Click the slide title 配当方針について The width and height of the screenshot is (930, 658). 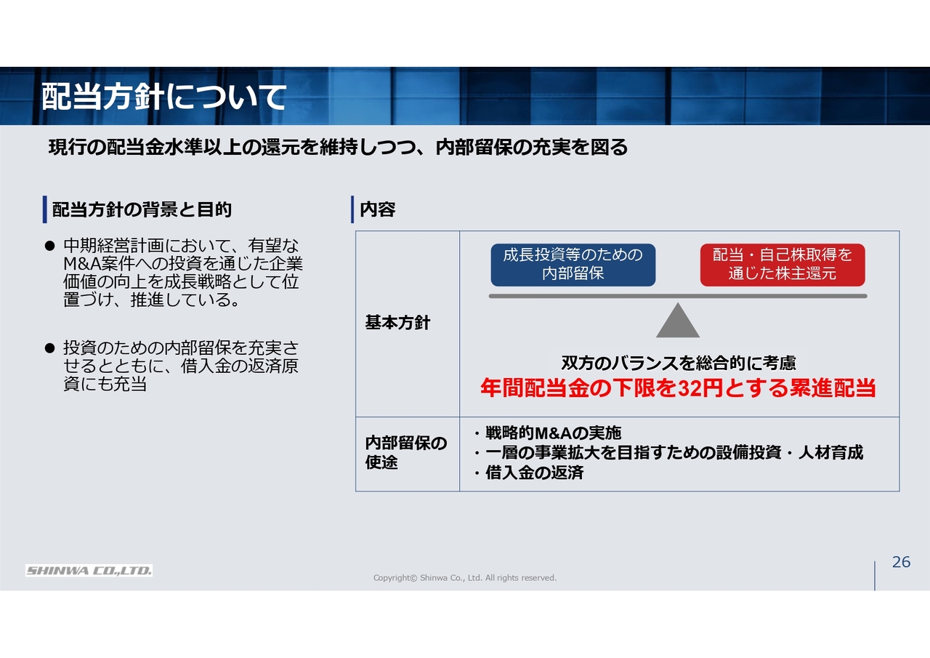pyautogui.click(x=163, y=97)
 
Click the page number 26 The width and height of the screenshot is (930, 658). pyautogui.click(x=901, y=562)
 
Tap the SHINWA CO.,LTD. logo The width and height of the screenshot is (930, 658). pyautogui.click(x=89, y=570)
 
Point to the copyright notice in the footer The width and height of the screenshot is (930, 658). pyautogui.click(x=464, y=577)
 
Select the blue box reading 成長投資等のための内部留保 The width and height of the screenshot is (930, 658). pyautogui.click(x=573, y=265)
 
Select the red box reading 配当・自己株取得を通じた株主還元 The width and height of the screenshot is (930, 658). pyautogui.click(x=783, y=265)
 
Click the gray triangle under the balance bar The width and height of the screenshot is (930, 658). pyautogui.click(x=678, y=320)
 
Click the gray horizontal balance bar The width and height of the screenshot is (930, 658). pyautogui.click(x=678, y=296)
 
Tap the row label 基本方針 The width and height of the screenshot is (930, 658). pyautogui.click(x=397, y=323)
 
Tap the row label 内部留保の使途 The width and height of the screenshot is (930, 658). pyautogui.click(x=406, y=452)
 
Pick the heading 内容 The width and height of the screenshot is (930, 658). pyautogui.click(x=377, y=209)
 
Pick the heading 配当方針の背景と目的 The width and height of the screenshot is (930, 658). pyautogui.click(x=142, y=209)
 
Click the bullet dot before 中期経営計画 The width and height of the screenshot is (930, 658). pyautogui.click(x=50, y=246)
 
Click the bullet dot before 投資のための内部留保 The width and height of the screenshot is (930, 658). pyautogui.click(x=50, y=348)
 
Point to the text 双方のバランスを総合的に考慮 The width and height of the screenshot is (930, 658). pyautogui.click(x=679, y=363)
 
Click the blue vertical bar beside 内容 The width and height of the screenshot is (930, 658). pyautogui.click(x=352, y=209)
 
